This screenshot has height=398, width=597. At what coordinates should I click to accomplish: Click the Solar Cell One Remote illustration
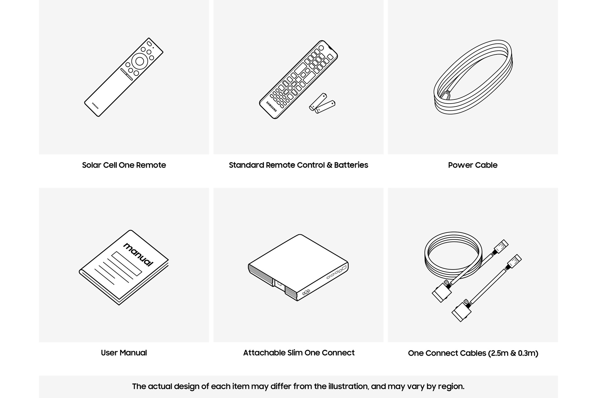point(124,77)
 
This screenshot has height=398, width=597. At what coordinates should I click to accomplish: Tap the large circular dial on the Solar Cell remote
point(140,61)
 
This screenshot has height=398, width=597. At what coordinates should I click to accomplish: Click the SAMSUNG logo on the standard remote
point(271,106)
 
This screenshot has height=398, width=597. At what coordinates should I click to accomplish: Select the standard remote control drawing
point(298,80)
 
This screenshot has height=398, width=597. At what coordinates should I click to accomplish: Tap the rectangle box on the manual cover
point(127,263)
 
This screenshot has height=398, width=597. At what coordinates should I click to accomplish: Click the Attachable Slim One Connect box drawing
point(298,268)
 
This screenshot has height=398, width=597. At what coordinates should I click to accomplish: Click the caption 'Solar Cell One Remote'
point(124,165)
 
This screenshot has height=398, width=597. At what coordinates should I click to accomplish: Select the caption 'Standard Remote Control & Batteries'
point(298,165)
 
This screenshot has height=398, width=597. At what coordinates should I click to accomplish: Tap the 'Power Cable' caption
point(473,165)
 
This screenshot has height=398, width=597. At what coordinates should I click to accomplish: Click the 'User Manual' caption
point(124,353)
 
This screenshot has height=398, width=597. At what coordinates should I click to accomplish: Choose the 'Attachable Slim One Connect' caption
point(299,353)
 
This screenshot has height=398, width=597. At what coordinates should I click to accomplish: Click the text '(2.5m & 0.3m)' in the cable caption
point(513,353)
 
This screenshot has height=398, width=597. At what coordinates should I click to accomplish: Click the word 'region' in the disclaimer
point(451,387)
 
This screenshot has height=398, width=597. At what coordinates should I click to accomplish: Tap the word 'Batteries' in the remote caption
point(351,165)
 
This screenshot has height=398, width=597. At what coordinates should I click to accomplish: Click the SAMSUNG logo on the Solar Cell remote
point(95,106)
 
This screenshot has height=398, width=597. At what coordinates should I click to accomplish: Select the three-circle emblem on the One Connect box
point(306,292)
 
